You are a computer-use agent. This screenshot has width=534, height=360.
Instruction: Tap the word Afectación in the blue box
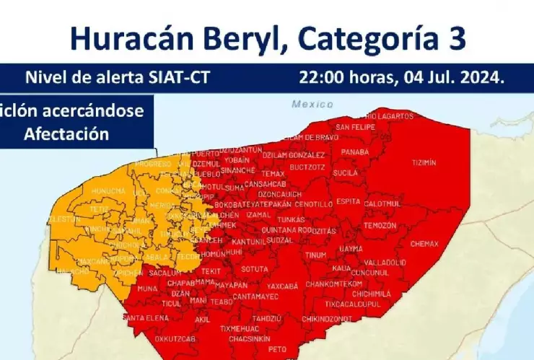[x=66, y=133]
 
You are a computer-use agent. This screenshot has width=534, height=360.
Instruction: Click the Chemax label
[x=424, y=244]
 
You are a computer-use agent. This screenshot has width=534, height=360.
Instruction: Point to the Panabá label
[x=354, y=152]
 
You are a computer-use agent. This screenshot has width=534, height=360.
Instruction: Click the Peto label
[x=278, y=348]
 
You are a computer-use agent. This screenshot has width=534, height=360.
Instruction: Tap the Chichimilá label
[x=372, y=294]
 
